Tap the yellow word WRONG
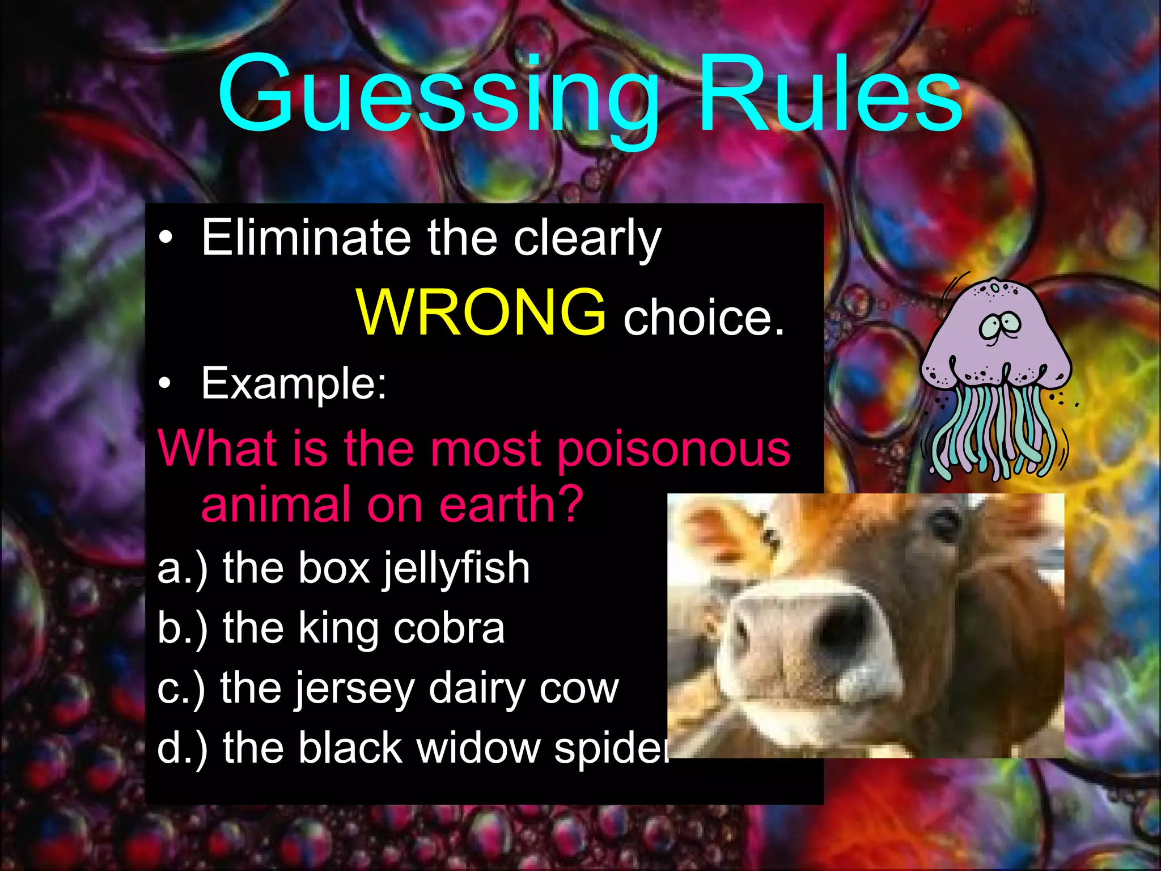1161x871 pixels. click(481, 312)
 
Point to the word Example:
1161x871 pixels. click(294, 383)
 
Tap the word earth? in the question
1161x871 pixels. click(511, 504)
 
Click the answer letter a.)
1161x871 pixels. click(181, 568)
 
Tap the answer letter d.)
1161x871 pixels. click(181, 749)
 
